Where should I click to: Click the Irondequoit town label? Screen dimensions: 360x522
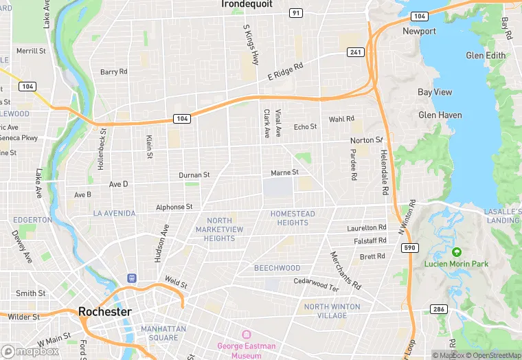coord(247,4)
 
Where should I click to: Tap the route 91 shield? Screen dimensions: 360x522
coord(296,12)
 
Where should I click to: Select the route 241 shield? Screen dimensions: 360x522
coord(356,52)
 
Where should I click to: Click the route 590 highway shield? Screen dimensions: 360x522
coord(409,247)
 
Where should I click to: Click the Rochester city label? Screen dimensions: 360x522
coord(104,311)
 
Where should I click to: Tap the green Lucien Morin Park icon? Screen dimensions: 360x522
coord(457,252)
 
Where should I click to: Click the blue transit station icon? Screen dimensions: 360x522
coord(131,278)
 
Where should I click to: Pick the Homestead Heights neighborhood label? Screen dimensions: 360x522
coord(293,218)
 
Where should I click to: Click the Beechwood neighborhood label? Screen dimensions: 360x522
coord(277,268)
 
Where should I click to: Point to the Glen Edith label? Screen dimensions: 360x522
coord(486,56)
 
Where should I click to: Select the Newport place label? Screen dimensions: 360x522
coord(419,31)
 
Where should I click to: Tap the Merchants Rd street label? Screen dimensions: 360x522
coord(345,271)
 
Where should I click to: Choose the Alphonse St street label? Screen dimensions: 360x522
coord(174,207)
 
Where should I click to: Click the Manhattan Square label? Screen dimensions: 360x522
coord(163,333)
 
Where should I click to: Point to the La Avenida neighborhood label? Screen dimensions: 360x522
coord(114,214)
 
